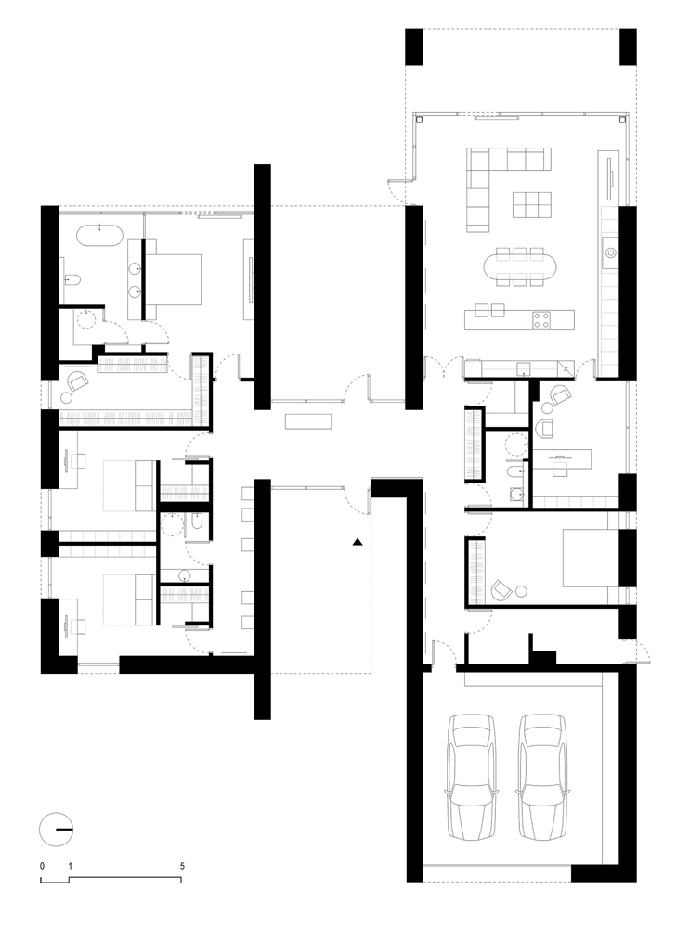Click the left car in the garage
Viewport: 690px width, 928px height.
tap(472, 776)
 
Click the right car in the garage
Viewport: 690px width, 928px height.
tap(541, 776)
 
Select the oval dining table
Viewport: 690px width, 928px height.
tap(521, 267)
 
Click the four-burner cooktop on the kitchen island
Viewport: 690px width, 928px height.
tap(540, 319)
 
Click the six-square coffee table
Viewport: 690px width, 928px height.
tap(532, 205)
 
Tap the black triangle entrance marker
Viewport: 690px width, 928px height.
tap(358, 542)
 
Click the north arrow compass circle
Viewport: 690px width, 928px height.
tap(56, 829)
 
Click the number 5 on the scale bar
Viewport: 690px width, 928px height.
tap(182, 866)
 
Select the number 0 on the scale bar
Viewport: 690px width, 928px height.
tap(42, 866)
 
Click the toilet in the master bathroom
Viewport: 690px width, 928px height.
tap(72, 278)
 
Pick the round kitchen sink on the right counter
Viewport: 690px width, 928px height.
tap(611, 252)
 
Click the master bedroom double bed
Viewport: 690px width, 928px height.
tap(173, 279)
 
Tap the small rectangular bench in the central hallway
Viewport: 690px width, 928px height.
tap(308, 421)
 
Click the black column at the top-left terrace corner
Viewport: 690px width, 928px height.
tap(414, 46)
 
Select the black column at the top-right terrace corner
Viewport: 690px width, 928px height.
tap(628, 46)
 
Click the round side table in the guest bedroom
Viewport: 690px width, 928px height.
tap(521, 590)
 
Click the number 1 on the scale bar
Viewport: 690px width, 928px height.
tap(70, 866)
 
